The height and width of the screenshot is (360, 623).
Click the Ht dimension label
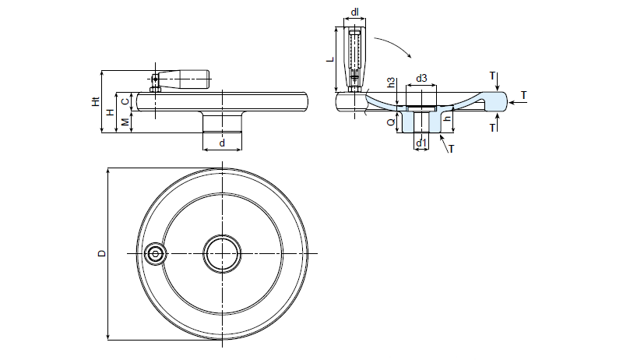[95, 102]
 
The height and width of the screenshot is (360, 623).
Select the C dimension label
[125, 101]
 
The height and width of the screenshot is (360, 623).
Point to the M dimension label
[125, 121]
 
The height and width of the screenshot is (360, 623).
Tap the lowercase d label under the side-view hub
[222, 143]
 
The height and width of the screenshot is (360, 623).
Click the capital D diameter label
[100, 253]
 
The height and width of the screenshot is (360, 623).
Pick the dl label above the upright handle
[354, 12]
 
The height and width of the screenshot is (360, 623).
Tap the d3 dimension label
[421, 78]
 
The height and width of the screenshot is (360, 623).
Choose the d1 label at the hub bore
[421, 143]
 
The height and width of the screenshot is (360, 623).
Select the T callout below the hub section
[452, 148]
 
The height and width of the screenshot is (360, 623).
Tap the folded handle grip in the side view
[187, 78]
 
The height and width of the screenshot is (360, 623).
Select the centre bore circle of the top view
[222, 253]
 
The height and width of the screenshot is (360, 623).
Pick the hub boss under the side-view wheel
[222, 122]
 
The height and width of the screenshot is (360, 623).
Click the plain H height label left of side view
[110, 112]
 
